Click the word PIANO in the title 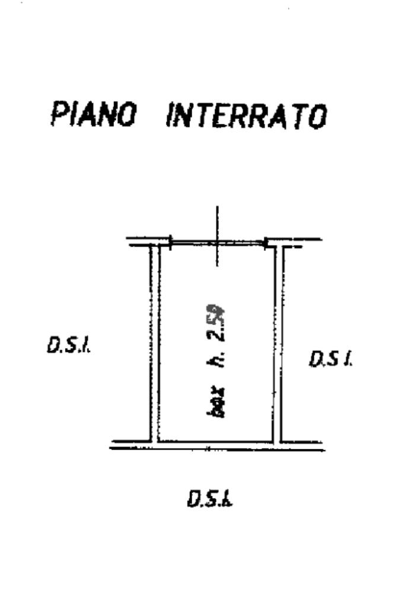tap(93, 114)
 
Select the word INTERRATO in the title tap(246, 115)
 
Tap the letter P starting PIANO tap(59, 114)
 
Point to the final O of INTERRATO tap(318, 117)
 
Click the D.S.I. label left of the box tap(69, 345)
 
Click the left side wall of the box tap(154, 343)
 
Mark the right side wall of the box tap(278, 343)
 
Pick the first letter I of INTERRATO tap(170, 115)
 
